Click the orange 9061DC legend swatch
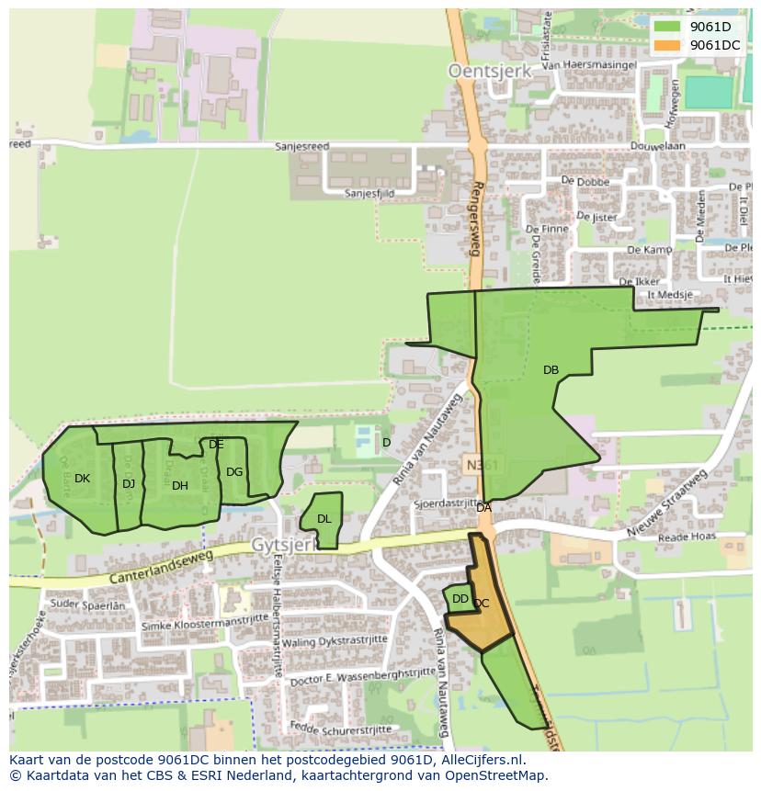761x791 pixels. point(667,45)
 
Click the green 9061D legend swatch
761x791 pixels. point(667,27)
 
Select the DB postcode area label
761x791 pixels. point(551,370)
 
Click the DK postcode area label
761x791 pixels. point(82,478)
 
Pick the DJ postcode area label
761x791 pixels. point(129,483)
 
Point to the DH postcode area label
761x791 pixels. point(180,485)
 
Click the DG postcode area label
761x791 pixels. point(234,471)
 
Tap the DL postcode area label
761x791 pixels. point(324,519)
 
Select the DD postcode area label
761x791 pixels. point(460,599)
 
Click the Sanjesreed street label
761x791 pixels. point(302,146)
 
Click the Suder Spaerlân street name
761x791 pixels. point(88,605)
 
